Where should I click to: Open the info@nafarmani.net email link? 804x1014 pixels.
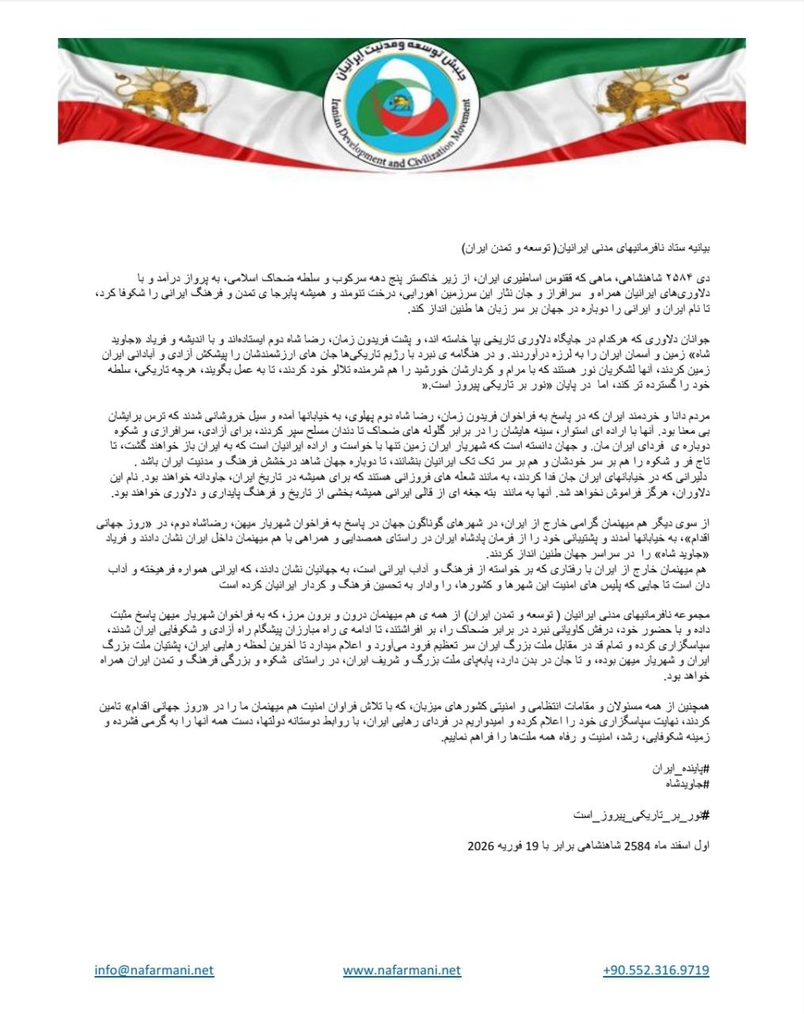tap(154, 970)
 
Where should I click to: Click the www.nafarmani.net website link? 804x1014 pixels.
tap(402, 970)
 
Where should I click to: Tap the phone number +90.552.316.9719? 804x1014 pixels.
tap(656, 970)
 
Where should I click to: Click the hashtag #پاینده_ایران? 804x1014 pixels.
tap(680, 768)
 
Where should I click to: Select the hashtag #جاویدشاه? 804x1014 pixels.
tap(683, 783)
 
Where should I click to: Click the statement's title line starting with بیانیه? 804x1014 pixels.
tap(587, 248)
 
